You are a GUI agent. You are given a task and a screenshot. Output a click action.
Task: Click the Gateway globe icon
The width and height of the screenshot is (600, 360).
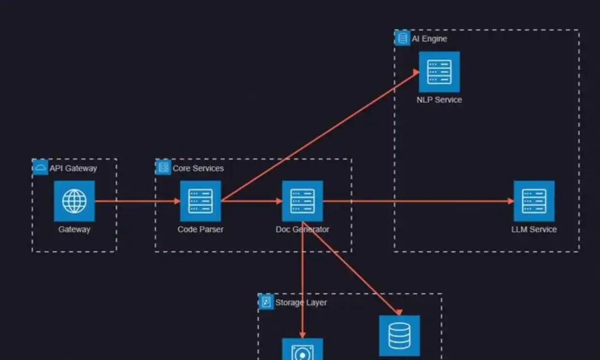(74, 201)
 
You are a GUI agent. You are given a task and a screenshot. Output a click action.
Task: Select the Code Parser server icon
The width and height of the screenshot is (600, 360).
(200, 201)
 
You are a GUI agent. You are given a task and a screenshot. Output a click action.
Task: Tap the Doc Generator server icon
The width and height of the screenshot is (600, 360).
(302, 201)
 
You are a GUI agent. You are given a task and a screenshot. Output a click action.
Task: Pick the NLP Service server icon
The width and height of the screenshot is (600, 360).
(439, 72)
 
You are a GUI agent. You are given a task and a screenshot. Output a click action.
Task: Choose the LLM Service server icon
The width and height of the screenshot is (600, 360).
(534, 201)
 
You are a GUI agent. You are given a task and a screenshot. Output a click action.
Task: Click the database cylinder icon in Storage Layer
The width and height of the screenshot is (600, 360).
(399, 335)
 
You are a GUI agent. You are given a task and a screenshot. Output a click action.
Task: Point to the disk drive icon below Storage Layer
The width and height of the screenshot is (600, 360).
(302, 350)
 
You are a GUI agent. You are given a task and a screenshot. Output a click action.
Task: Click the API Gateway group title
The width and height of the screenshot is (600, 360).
(73, 168)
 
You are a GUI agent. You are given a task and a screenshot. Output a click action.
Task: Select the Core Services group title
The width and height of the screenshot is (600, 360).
(198, 168)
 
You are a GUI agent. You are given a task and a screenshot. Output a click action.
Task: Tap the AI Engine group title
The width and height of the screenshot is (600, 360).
(429, 39)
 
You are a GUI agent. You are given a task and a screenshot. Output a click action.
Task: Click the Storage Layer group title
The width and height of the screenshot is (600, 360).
(301, 302)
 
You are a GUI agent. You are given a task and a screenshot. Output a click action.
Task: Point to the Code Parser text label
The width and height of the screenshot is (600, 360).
(200, 229)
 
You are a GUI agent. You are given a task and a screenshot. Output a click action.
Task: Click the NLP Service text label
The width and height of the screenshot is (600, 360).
(439, 100)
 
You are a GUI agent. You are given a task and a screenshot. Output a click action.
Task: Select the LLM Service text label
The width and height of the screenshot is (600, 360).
(534, 229)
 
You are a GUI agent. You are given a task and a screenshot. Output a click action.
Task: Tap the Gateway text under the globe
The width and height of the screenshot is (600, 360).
(74, 229)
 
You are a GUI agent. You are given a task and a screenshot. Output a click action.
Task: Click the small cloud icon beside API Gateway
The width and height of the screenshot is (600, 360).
(40, 168)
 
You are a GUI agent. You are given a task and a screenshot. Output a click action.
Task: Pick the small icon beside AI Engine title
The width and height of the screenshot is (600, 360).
(402, 38)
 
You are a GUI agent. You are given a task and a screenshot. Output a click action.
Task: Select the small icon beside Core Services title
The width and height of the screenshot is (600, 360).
(163, 168)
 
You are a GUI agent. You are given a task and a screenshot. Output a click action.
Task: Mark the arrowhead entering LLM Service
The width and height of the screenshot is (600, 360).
(511, 201)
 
